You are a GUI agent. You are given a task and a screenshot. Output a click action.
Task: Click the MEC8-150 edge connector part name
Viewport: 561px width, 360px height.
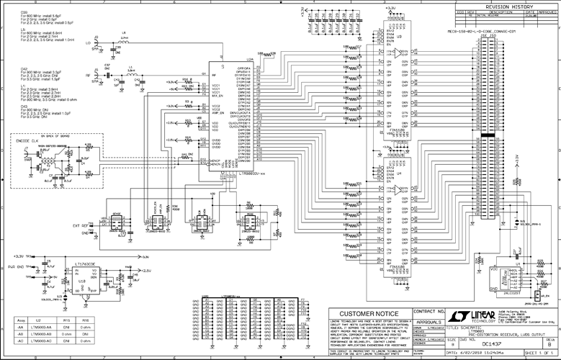click(x=477, y=32)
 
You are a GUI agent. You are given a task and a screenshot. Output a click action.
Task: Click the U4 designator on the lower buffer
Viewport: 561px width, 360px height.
click(x=399, y=173)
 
